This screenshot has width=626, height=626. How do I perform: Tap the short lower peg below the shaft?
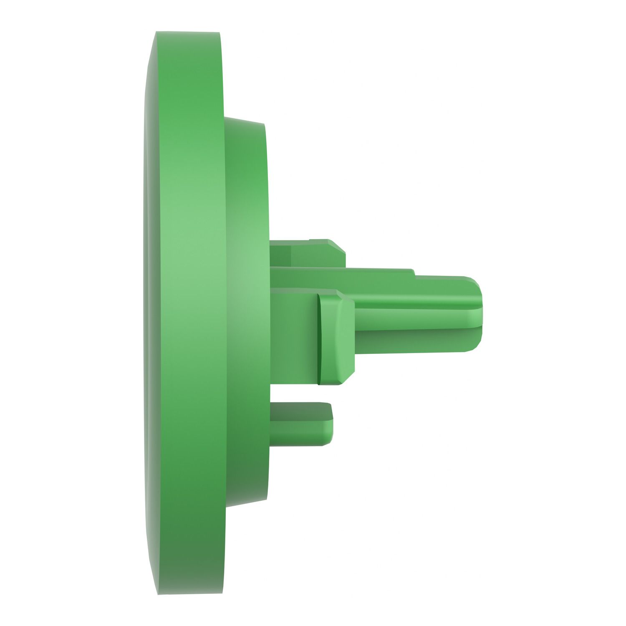tap(300, 424)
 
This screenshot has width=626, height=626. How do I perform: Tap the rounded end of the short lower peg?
tap(330, 424)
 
